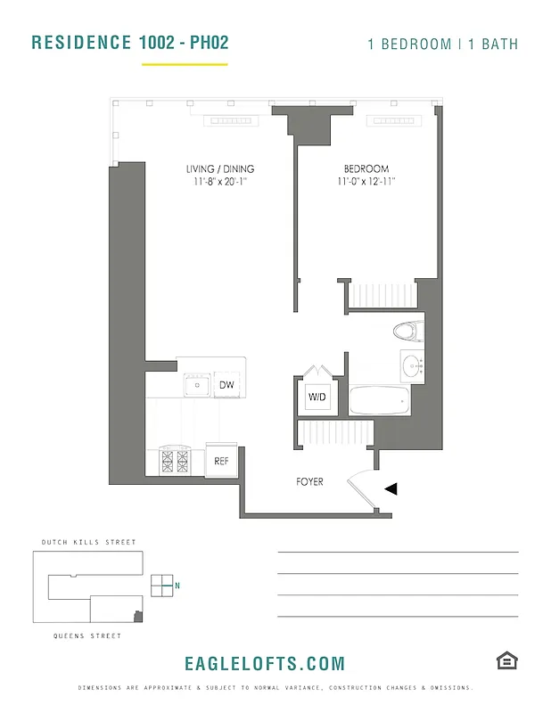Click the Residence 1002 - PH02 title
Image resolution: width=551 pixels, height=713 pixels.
click(x=129, y=43)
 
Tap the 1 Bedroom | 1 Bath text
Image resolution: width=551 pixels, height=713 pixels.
click(x=442, y=44)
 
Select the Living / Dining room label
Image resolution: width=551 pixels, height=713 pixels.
click(x=220, y=169)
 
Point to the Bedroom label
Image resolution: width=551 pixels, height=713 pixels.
click(x=366, y=169)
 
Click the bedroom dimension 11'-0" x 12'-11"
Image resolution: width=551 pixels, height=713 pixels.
click(x=366, y=182)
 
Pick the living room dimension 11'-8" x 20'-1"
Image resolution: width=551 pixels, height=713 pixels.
click(x=220, y=182)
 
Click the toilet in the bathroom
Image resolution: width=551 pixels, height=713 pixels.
click(x=407, y=332)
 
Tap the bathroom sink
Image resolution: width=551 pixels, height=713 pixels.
click(x=411, y=365)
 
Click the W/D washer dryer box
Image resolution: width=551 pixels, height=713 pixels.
click(x=317, y=396)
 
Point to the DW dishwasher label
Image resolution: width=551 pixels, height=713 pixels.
click(x=227, y=386)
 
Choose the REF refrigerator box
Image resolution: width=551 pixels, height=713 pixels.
click(x=221, y=461)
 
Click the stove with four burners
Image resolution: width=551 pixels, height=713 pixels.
click(x=174, y=461)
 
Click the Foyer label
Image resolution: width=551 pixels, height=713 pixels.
click(x=309, y=482)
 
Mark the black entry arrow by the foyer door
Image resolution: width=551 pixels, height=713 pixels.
click(x=391, y=488)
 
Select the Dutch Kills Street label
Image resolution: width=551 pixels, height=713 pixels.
click(x=89, y=542)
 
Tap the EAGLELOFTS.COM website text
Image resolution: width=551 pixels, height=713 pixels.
click(x=264, y=664)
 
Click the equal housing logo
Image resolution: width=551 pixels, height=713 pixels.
click(x=507, y=660)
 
